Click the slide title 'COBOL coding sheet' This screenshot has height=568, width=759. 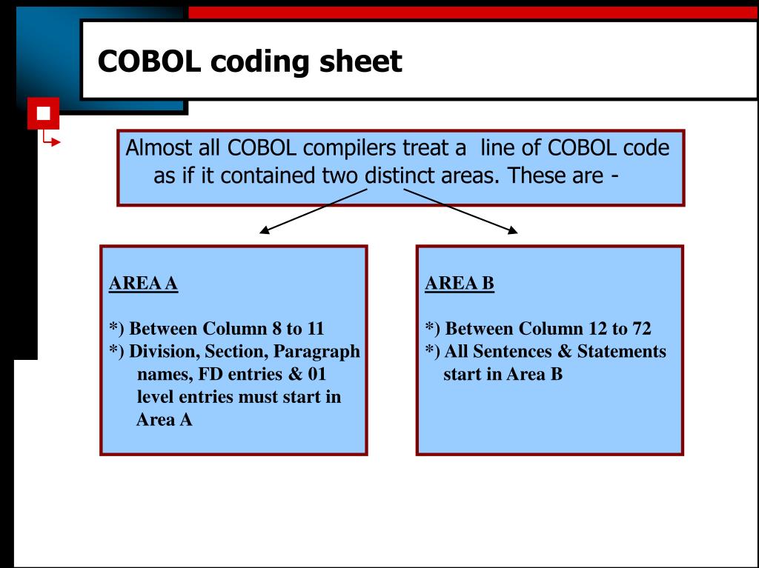point(251,61)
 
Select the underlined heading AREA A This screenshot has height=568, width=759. point(143,284)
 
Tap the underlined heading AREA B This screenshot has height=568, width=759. point(460,284)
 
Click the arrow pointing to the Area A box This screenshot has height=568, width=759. point(311,211)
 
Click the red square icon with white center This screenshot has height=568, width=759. point(43,113)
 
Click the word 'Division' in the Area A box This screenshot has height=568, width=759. point(161,351)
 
